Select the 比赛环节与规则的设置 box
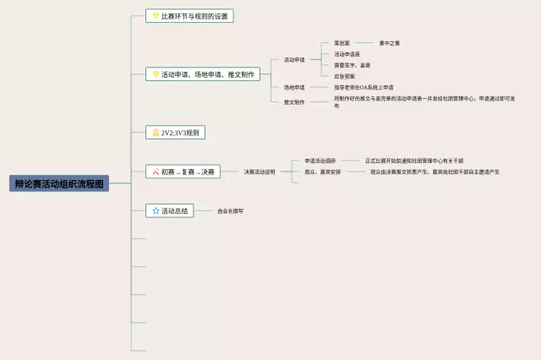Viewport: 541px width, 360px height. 189,16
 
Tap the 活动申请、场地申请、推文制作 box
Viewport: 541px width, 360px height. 202,74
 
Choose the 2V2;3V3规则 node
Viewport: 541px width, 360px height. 176,133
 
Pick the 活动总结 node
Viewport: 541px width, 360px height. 171,210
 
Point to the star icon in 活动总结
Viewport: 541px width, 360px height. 156,210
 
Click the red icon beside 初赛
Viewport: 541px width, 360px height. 156,172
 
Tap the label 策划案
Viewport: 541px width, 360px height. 342,43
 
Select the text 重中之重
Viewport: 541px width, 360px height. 390,43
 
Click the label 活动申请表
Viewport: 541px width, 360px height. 347,54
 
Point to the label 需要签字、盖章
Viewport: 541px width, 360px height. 352,65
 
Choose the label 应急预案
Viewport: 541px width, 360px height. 345,76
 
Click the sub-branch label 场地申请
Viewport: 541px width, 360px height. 294,87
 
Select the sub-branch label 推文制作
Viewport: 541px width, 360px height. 294,101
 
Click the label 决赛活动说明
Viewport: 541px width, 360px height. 260,172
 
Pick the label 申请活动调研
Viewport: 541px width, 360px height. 320,161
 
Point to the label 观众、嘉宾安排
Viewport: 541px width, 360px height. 323,172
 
